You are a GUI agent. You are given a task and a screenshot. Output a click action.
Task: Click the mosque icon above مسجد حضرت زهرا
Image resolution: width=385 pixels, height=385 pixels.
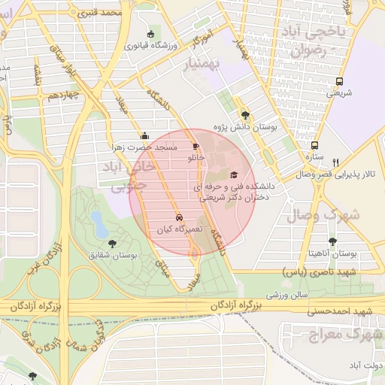(144, 136)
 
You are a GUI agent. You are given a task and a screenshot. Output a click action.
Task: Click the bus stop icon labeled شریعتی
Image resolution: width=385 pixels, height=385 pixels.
(340, 82)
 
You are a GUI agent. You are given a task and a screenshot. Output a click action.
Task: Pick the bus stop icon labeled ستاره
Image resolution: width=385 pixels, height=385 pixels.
(314, 146)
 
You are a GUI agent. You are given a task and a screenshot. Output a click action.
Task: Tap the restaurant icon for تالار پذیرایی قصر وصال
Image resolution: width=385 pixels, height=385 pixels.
(336, 162)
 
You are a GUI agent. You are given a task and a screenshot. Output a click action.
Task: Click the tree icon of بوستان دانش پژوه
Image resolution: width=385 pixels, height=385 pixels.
(245, 115)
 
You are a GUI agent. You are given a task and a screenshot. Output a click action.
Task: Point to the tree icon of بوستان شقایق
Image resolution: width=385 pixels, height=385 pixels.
(112, 244)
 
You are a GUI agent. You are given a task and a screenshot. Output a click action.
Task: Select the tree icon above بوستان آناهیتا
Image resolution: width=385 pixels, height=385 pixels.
(333, 241)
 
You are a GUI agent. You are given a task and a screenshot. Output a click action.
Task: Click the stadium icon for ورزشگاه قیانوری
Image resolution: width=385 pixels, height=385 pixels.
(150, 34)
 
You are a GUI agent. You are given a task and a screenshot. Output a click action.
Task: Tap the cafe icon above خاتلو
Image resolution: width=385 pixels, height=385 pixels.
(196, 147)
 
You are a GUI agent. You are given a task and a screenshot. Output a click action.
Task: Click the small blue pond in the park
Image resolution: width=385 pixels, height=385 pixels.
(98, 221)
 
